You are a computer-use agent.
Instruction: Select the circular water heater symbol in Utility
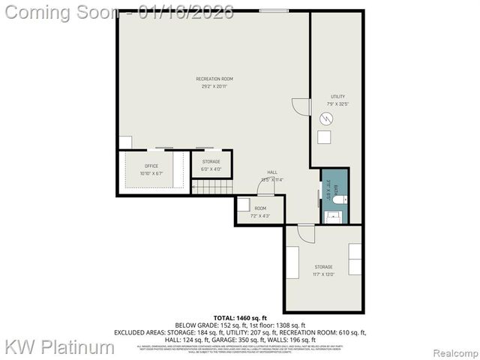click(326, 118)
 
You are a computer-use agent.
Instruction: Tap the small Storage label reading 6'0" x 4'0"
click(211, 165)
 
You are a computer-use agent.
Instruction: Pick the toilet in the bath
click(338, 199)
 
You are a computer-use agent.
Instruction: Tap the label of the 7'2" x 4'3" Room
click(260, 211)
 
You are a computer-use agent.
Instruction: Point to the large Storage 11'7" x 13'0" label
click(323, 271)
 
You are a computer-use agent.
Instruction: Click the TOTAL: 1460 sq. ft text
click(239, 318)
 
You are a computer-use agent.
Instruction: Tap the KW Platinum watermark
click(60, 346)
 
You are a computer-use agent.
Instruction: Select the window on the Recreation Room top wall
click(271, 10)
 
